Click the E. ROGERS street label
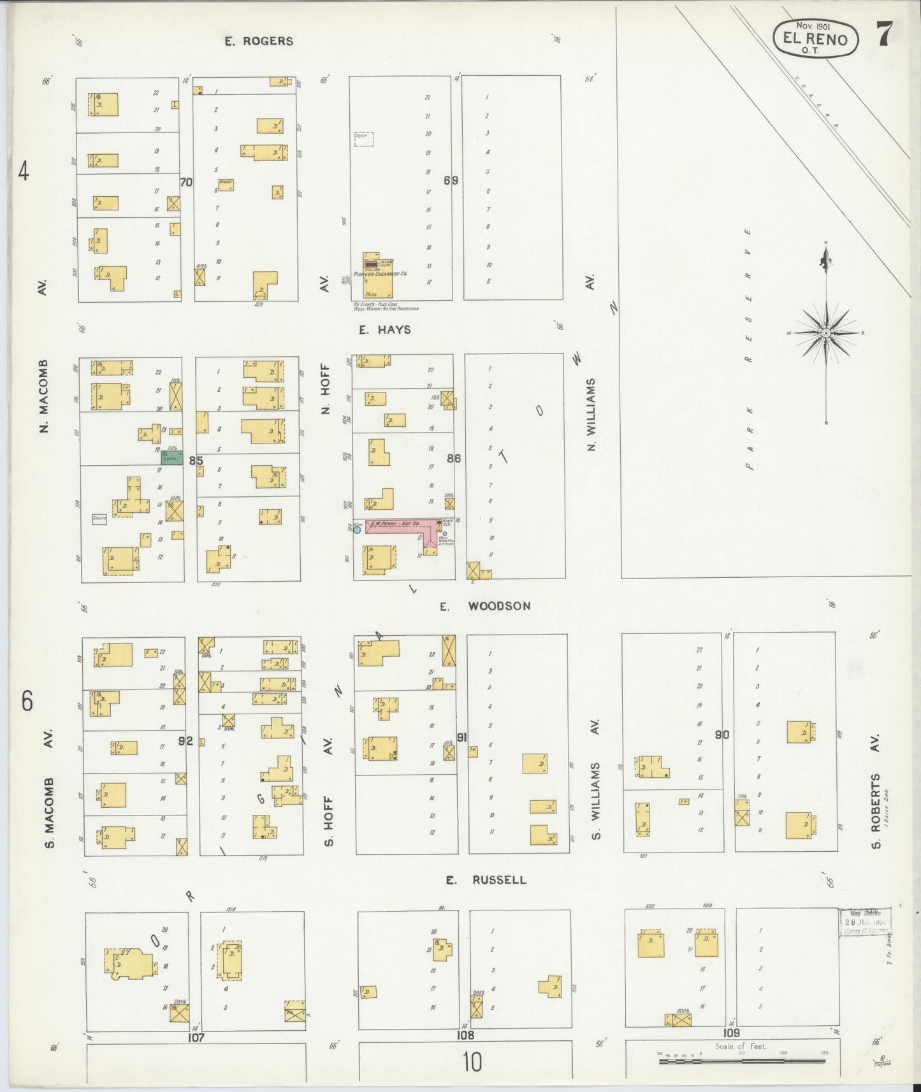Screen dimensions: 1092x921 pyautogui.click(x=258, y=41)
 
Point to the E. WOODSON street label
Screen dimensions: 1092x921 pyautogui.click(x=485, y=606)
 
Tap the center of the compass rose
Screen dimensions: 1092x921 pyautogui.click(x=826, y=333)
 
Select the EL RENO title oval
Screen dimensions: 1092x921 pyautogui.click(x=816, y=38)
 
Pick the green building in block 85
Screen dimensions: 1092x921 pyautogui.click(x=171, y=457)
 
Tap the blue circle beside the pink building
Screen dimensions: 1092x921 pyautogui.click(x=357, y=529)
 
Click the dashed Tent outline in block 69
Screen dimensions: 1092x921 pyautogui.click(x=363, y=139)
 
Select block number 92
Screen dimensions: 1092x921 pyautogui.click(x=185, y=741)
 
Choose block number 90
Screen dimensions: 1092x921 pyautogui.click(x=722, y=735)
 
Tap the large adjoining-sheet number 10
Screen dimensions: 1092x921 pyautogui.click(x=472, y=1062)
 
